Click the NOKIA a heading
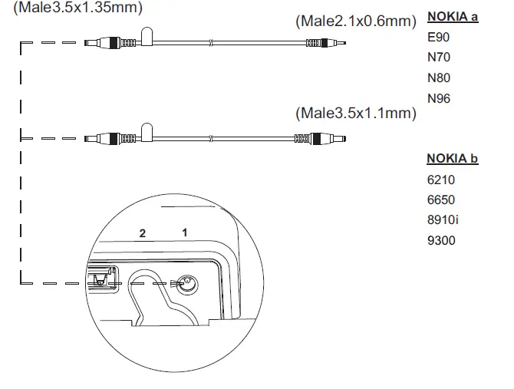pyautogui.click(x=453, y=17)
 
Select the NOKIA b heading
pyautogui.click(x=453, y=159)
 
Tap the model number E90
pyautogui.click(x=438, y=37)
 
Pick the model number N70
pyautogui.click(x=439, y=58)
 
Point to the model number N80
pyautogui.click(x=439, y=78)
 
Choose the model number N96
pyautogui.click(x=439, y=99)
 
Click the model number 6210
pyautogui.click(x=441, y=180)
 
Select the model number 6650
pyautogui.click(x=441, y=200)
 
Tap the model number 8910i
pyautogui.click(x=443, y=220)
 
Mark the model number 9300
pyautogui.click(x=441, y=241)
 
